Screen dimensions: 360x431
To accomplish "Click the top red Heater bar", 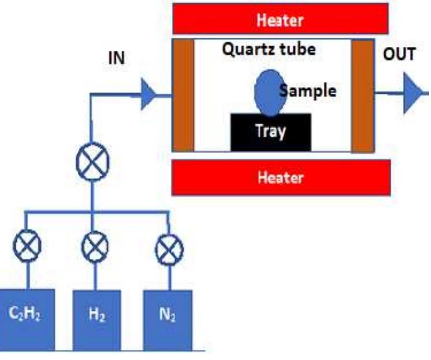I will (x=280, y=20).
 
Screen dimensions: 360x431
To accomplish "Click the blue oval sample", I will (x=268, y=93).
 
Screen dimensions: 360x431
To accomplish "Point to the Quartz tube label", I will (x=269, y=49).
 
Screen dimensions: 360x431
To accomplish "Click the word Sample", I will (x=309, y=91).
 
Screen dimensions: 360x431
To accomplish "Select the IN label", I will (x=116, y=58).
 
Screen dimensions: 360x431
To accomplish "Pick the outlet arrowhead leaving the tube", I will (x=413, y=93).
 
